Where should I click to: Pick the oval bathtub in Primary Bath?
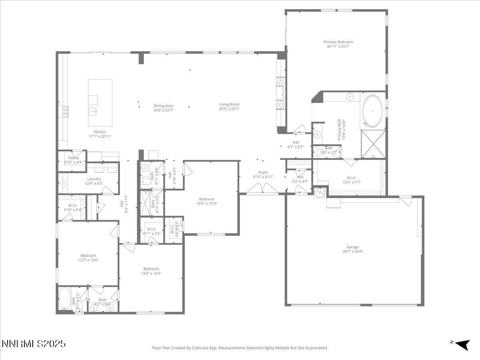point(372,111)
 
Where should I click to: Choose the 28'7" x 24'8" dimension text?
point(352,252)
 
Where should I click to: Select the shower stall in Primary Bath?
point(373,144)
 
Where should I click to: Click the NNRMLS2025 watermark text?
point(34,344)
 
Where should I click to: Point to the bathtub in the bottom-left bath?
point(64,299)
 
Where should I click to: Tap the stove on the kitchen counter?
point(64,111)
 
